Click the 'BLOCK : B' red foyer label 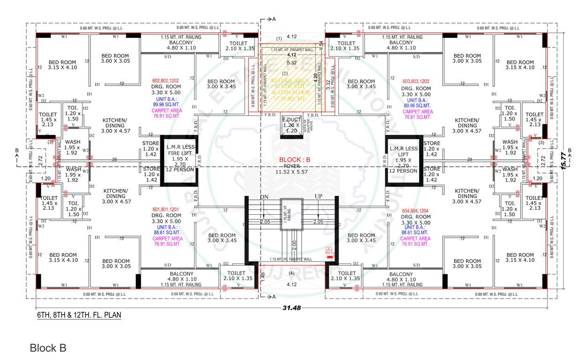tap(295, 159)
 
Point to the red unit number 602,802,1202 tap(165, 81)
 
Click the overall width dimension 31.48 tap(292, 308)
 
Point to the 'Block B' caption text tap(48, 348)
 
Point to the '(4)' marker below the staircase tap(292, 273)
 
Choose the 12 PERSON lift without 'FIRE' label tap(403, 159)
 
